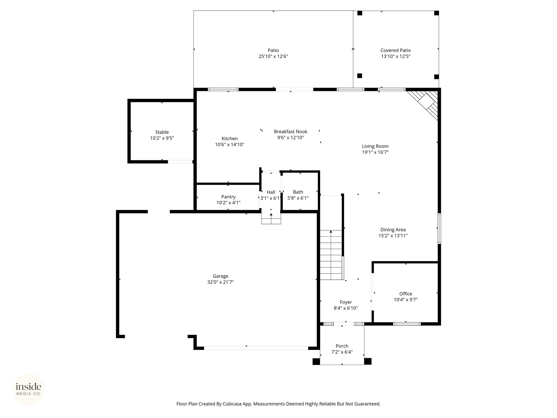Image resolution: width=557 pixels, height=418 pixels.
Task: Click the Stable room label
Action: click(162, 132)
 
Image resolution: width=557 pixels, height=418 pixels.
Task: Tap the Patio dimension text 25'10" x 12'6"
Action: click(273, 56)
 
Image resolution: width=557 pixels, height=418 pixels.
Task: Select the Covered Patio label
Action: click(395, 50)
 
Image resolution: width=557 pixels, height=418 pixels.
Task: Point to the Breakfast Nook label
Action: click(290, 132)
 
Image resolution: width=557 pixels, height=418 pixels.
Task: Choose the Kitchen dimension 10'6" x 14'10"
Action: click(230, 145)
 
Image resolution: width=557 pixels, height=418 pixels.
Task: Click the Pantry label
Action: click(228, 197)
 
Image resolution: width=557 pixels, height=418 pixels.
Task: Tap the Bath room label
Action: click(298, 192)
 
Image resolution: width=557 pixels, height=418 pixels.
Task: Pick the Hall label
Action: click(271, 192)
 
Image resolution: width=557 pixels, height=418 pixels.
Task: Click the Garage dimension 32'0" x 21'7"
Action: click(220, 282)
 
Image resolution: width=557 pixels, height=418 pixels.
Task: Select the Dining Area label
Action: click(393, 230)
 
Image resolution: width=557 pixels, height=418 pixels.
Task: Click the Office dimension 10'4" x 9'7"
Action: click(406, 300)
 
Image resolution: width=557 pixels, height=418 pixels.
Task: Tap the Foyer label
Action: click(346, 302)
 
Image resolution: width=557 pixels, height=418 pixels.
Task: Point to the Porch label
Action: click(342, 346)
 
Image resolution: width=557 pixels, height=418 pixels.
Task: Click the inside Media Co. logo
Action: click(29, 389)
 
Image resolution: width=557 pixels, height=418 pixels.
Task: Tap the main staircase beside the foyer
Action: click(331, 255)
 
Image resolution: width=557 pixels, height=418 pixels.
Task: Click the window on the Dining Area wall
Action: click(439, 229)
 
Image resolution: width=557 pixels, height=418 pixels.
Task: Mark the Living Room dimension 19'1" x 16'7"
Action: click(375, 152)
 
